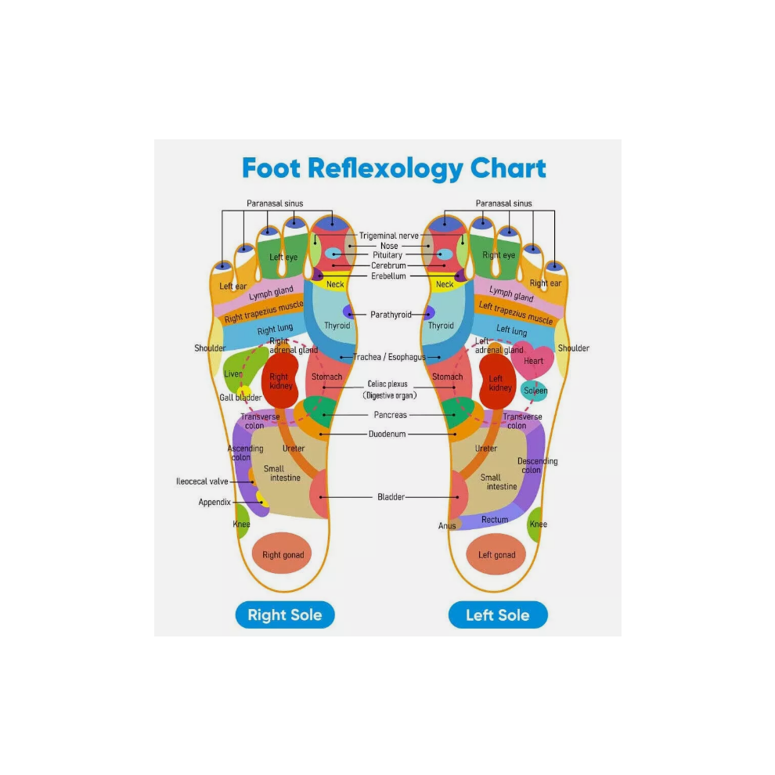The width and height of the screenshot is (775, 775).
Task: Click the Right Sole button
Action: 285,615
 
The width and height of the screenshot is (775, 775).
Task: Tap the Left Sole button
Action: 498,615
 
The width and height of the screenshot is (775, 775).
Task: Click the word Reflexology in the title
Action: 385,169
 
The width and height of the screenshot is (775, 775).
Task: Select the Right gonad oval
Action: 283,553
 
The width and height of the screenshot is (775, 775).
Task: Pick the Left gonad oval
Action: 496,554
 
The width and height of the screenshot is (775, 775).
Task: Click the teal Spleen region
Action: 535,391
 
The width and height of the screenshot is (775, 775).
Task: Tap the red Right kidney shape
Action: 279,380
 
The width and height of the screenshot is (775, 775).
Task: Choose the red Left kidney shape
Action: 498,381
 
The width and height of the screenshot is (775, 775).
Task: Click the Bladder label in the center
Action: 391,497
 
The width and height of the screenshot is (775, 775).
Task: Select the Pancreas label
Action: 390,415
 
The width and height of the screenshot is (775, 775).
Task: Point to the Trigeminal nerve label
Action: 388,236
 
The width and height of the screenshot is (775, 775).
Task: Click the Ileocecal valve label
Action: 202,481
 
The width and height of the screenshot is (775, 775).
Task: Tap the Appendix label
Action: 214,502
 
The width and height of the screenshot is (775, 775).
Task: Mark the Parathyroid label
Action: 391,315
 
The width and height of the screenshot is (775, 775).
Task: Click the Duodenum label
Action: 387,434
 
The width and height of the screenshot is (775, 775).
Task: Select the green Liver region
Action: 240,368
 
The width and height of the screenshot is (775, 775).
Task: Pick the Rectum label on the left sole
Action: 495,520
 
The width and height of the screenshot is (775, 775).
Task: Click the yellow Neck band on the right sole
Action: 335,283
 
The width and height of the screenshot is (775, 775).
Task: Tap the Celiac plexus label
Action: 387,384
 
